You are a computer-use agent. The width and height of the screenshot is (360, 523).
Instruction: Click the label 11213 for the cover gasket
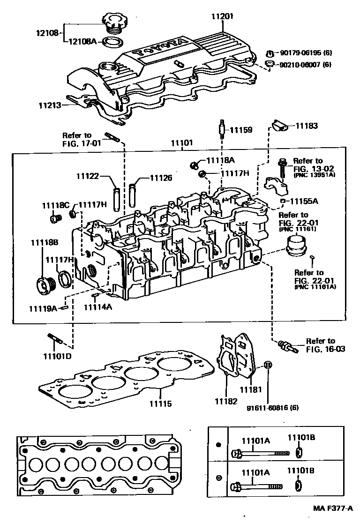pos(50,105)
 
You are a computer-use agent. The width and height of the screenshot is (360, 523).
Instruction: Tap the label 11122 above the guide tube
pos(88,177)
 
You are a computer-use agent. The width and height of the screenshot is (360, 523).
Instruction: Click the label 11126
pos(161,178)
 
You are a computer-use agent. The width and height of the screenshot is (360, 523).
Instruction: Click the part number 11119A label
pos(43,308)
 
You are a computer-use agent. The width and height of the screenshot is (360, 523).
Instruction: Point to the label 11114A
pos(98,307)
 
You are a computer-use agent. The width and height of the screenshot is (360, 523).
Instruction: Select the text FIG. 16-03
pos(321,349)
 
